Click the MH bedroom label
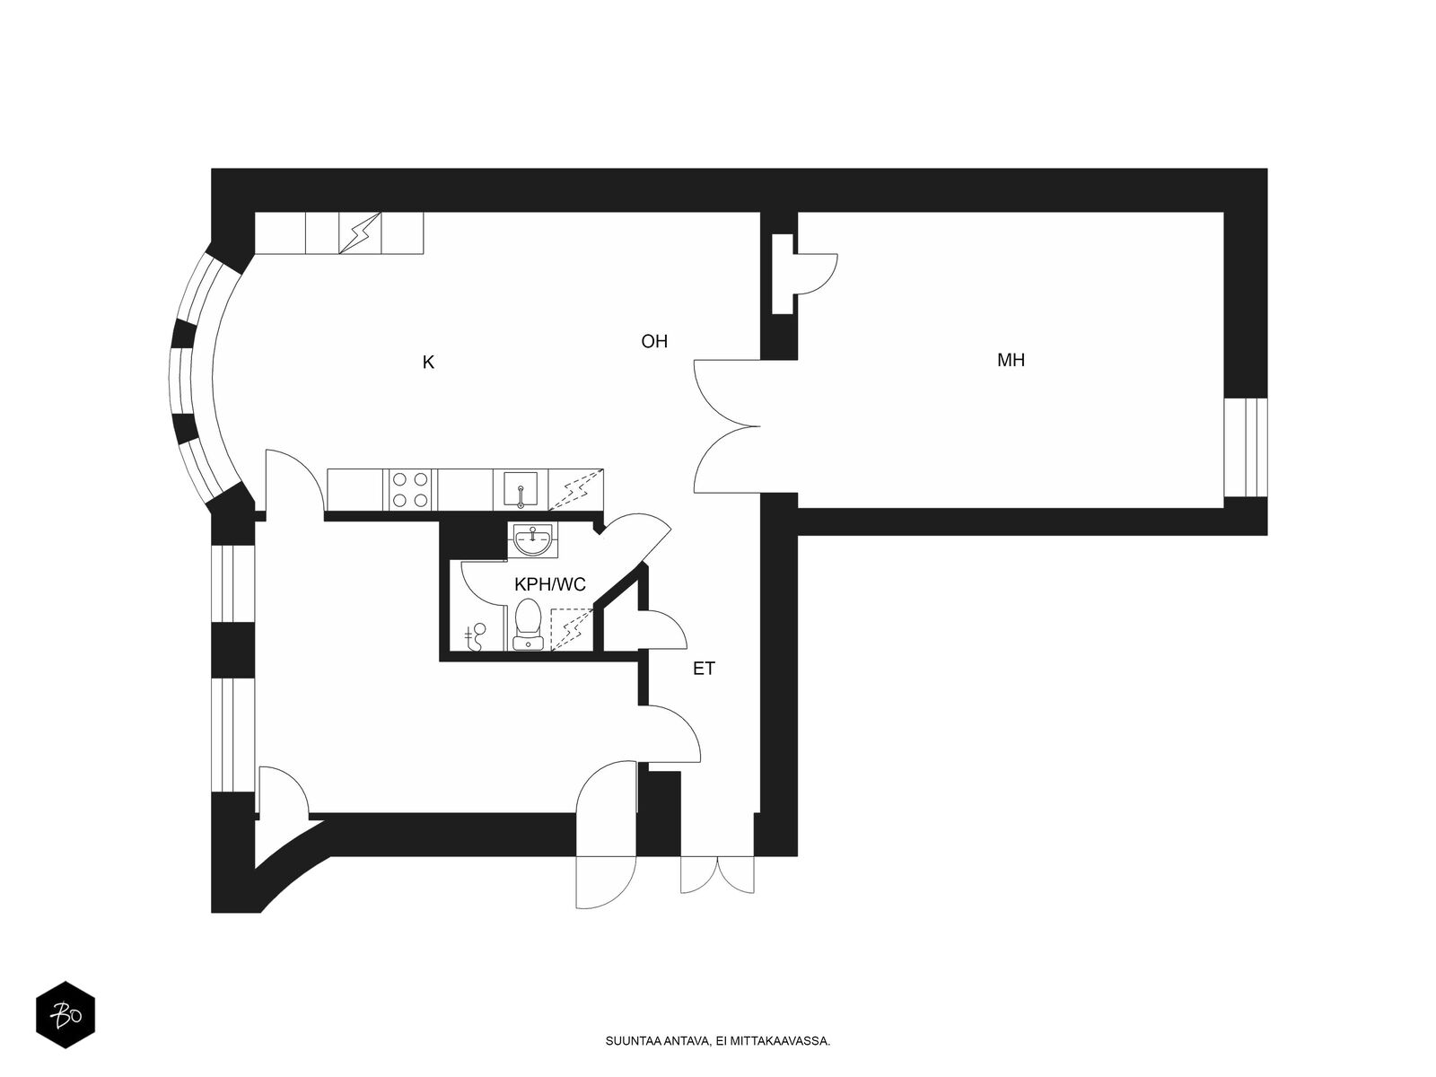tap(1011, 361)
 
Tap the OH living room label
tap(654, 342)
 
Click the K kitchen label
tap(428, 363)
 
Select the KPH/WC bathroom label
tap(549, 585)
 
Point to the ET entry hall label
tap(704, 669)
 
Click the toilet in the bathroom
tap(526, 625)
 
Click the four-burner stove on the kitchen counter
tap(409, 490)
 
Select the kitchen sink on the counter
tap(520, 490)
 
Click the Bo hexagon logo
tap(65, 1017)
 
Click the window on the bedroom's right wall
tap(1246, 447)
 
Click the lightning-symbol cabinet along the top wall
tap(359, 233)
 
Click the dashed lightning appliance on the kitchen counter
tap(576, 490)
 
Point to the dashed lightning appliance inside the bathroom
tap(571, 628)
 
